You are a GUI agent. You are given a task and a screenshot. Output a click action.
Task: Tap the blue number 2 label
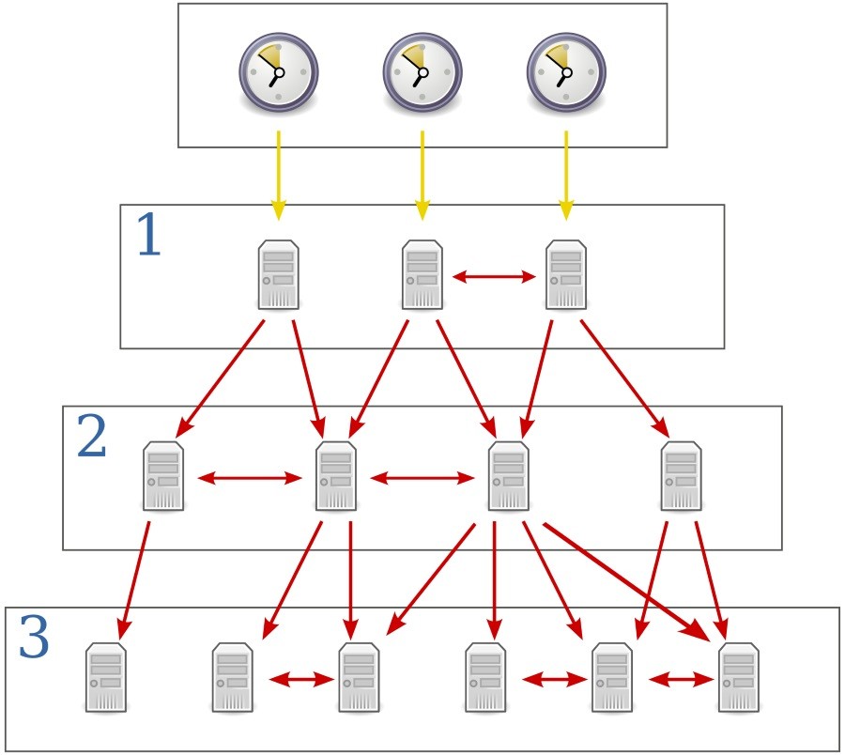point(91,437)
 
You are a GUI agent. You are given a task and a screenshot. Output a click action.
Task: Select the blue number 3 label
point(34,639)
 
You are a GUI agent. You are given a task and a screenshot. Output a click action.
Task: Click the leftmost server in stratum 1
point(278,274)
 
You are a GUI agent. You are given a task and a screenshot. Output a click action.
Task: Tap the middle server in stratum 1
point(422,274)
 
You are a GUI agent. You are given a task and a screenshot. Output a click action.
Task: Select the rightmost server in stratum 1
point(566,274)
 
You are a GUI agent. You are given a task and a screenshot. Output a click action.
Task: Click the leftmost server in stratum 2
point(162,476)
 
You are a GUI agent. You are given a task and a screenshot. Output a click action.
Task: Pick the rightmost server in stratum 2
point(681,476)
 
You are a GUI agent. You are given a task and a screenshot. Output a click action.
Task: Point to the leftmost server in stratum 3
point(105,677)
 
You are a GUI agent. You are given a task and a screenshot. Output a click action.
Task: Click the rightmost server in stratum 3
point(739,677)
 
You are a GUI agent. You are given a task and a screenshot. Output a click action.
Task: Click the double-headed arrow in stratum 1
point(494,276)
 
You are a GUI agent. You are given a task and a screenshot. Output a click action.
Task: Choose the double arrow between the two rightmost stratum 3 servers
point(681,677)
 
